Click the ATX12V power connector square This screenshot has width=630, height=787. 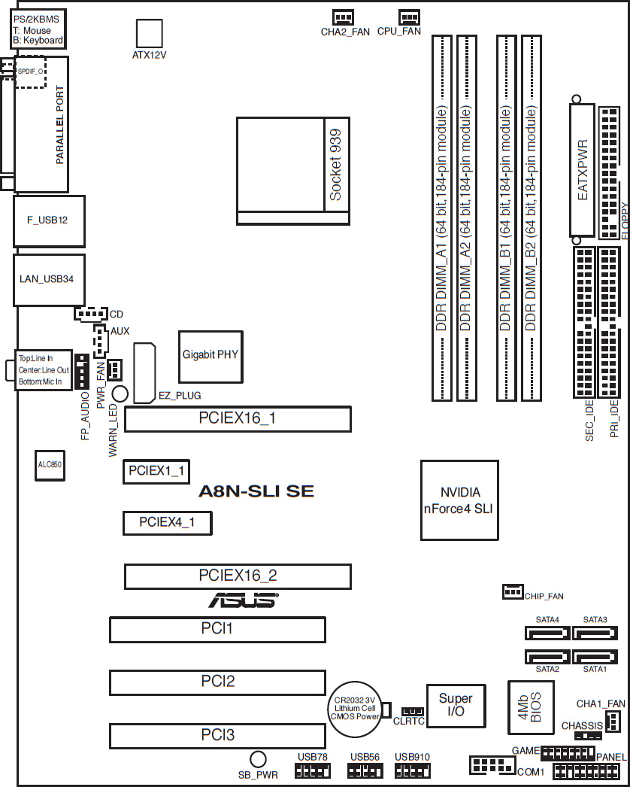click(149, 34)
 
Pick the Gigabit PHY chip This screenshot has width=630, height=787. click(210, 354)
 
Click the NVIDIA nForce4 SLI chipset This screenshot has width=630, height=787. click(459, 500)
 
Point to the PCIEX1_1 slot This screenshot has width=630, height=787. click(156, 471)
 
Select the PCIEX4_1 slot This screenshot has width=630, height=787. click(167, 522)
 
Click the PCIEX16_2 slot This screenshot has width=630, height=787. click(238, 576)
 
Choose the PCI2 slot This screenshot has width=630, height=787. click(217, 682)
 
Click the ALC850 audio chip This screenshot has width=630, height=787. click(50, 465)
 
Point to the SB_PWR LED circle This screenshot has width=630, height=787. click(258, 759)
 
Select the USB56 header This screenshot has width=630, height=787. click(365, 770)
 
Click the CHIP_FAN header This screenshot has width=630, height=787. click(512, 592)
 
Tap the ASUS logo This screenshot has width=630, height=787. click(242, 600)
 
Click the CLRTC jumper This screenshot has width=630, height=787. click(411, 711)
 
